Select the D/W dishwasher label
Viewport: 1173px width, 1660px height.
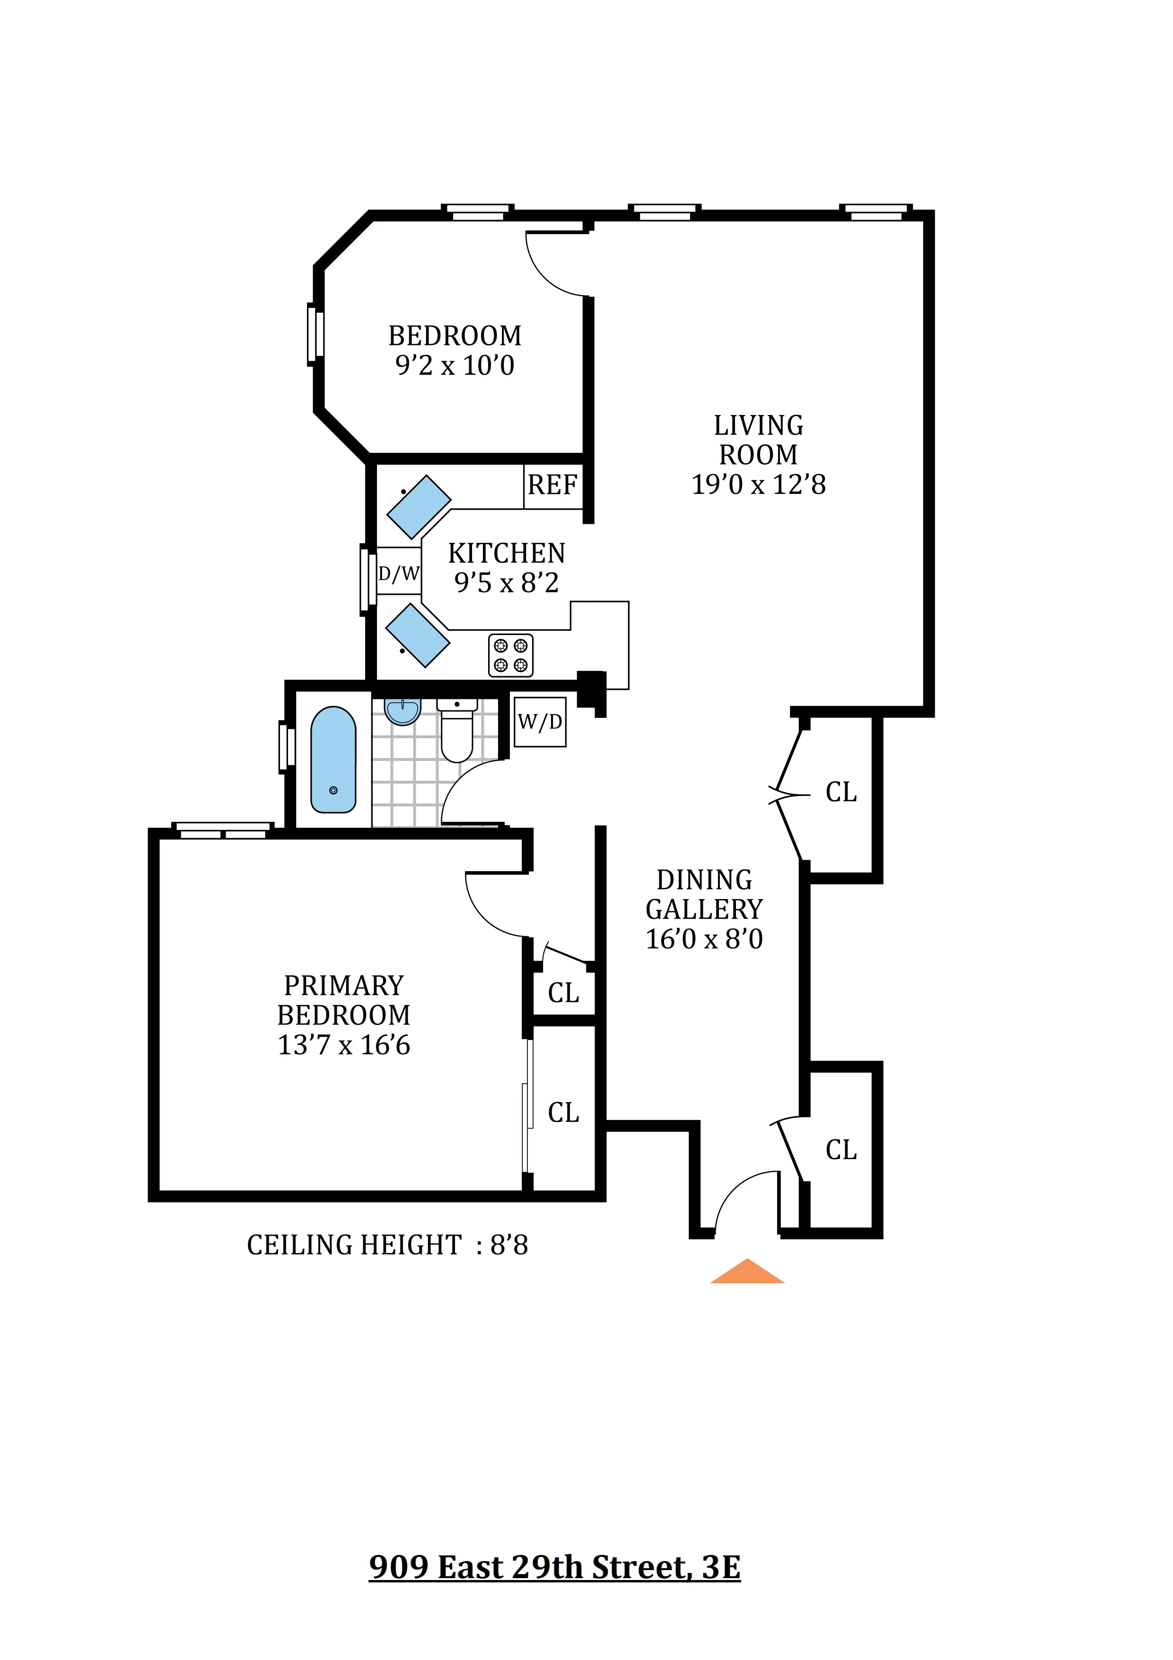tap(399, 574)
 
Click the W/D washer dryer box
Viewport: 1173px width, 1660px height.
tap(540, 722)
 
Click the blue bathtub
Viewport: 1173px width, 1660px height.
tap(333, 759)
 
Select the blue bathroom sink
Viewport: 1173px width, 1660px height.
tap(403, 711)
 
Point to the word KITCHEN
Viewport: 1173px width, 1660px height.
tap(506, 553)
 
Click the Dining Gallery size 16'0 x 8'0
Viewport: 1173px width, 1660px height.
tap(704, 938)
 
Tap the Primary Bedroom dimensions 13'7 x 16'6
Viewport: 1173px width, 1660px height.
tap(344, 1045)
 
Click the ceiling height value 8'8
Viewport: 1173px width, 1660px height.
tap(509, 1245)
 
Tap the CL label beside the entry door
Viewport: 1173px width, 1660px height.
tap(841, 1149)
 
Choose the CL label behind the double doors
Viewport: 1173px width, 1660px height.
tap(841, 793)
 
